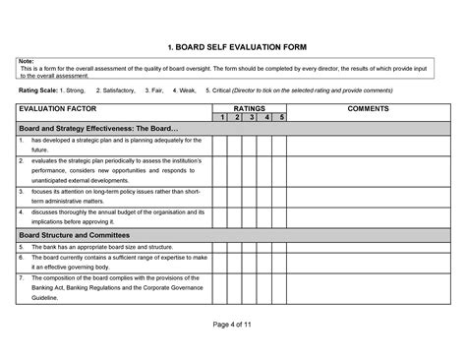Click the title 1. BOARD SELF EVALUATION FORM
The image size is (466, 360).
pyautogui.click(x=232, y=46)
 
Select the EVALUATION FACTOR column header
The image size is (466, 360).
pyautogui.click(x=56, y=107)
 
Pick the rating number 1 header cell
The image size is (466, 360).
pyautogui.click(x=222, y=117)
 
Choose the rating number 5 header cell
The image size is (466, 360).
pyautogui.click(x=281, y=117)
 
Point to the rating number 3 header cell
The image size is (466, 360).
pyautogui.click(x=252, y=117)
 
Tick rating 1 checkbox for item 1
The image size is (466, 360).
pyautogui.click(x=222, y=144)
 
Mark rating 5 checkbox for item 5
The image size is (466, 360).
pyautogui.click(x=281, y=247)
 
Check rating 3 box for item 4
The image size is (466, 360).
pyautogui.click(x=252, y=215)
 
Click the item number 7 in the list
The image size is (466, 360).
pyautogui.click(x=23, y=278)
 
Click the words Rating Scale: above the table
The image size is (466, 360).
pyautogui.click(x=38, y=90)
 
